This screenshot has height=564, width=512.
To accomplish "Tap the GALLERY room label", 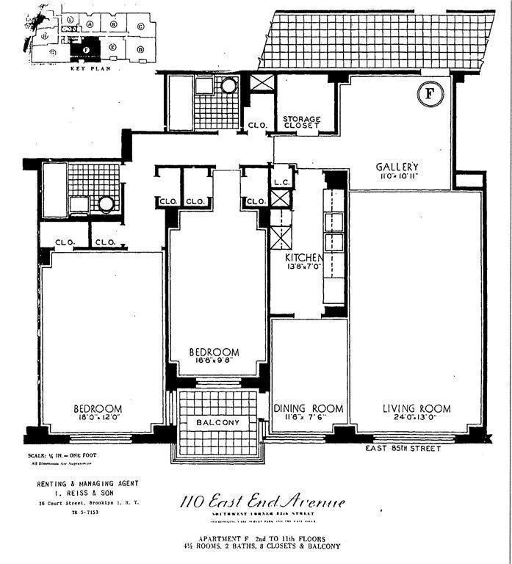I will pos(396,167).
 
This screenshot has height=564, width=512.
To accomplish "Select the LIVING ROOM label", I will pos(417,408).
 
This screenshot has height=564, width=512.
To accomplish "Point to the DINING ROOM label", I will pos(309,408).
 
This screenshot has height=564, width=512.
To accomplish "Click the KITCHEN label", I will pos(304,258).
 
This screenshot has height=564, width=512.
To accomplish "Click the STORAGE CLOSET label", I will pos(301,121).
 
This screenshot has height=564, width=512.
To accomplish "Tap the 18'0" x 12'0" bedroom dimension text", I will pos(98,420).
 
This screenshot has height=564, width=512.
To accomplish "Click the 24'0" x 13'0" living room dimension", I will pos(417,420).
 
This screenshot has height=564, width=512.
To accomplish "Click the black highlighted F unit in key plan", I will pos(86,50).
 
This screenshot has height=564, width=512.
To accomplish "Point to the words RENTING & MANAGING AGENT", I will pos(87,484).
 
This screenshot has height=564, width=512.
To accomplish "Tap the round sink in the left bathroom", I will pos(106,203).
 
